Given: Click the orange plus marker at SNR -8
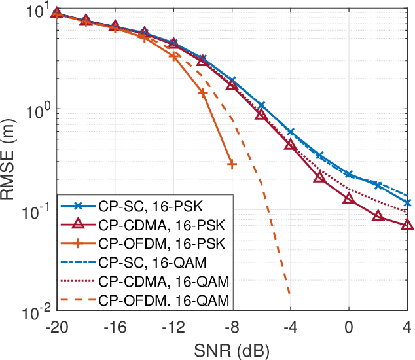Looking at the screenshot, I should [232, 164].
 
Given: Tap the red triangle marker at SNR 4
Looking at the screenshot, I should [407, 225].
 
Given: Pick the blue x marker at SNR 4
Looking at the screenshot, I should [407, 203].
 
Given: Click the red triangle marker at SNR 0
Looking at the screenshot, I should [349, 198].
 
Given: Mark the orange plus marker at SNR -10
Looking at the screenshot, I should [203, 93].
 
